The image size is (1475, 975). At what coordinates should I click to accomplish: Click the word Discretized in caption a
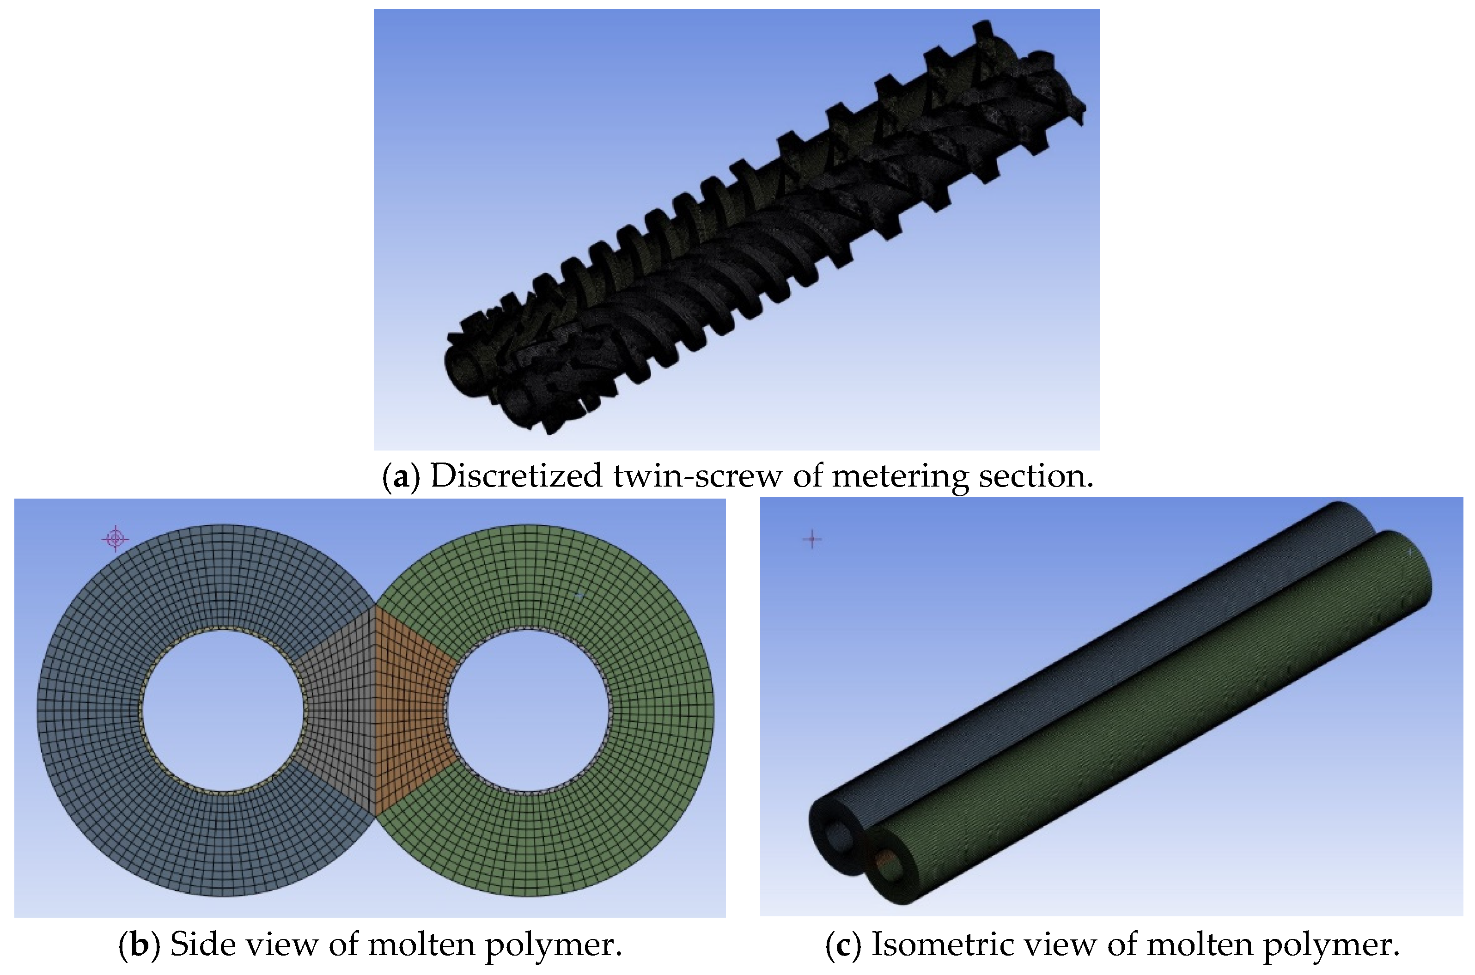[516, 476]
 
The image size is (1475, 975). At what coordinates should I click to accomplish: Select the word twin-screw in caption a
[697, 476]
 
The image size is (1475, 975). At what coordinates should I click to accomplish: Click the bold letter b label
[139, 945]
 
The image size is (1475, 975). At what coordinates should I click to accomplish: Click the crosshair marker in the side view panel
[115, 538]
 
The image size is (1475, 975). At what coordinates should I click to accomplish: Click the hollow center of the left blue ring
[223, 710]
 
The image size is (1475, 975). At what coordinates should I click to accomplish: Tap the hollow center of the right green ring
[528, 710]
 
